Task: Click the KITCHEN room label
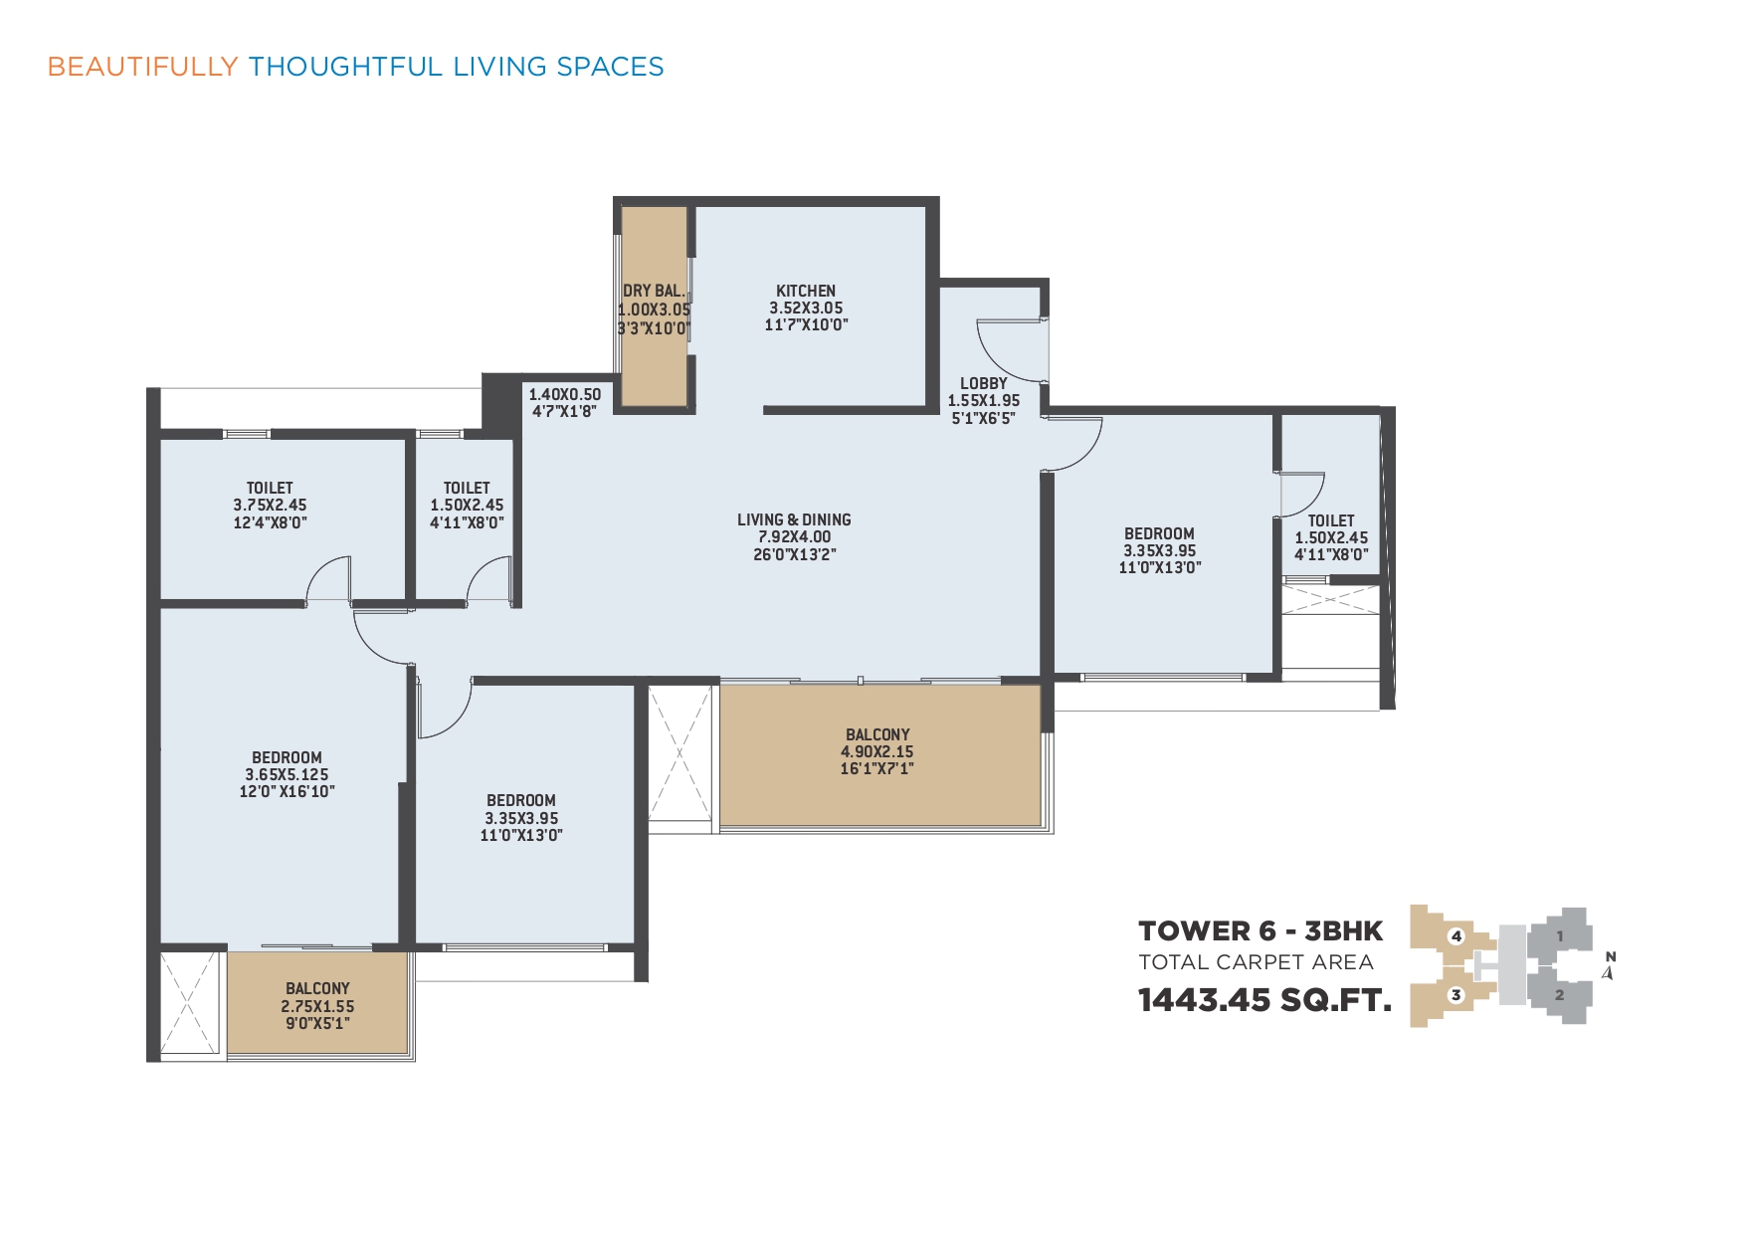806,291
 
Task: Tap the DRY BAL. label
654,291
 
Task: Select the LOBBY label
984,383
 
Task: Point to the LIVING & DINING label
794,519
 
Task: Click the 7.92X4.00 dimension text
794,536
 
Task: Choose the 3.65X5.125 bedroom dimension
287,774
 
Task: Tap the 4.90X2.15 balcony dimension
877,751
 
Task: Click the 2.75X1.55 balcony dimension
317,1006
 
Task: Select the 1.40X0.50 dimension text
564,394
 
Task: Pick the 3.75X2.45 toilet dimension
270,505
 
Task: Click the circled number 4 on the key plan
1456,935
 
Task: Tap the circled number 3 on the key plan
1455,994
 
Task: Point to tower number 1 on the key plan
1560,935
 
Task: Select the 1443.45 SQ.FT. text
1264,1000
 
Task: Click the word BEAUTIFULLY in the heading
142,67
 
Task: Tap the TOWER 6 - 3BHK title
1260,931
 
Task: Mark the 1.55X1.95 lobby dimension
984,401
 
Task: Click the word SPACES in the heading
610,67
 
